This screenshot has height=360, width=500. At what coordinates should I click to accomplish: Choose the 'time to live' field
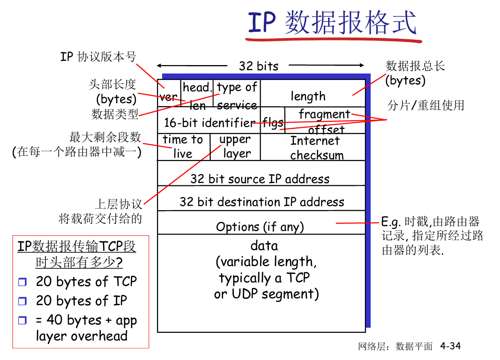click(x=183, y=147)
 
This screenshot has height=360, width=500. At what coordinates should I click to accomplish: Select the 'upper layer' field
click(x=235, y=147)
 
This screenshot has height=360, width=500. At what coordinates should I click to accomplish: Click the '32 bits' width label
click(x=259, y=66)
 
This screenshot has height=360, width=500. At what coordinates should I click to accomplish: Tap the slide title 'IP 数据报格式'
click(x=332, y=23)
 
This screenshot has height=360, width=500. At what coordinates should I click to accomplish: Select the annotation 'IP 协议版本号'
click(x=98, y=57)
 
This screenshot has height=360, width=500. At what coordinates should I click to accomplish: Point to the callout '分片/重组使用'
click(x=425, y=105)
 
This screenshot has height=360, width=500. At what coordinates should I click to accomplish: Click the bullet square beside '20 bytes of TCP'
click(x=22, y=282)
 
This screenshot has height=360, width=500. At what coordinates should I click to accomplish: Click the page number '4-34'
click(x=450, y=346)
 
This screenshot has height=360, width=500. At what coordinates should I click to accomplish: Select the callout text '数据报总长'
click(x=415, y=66)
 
